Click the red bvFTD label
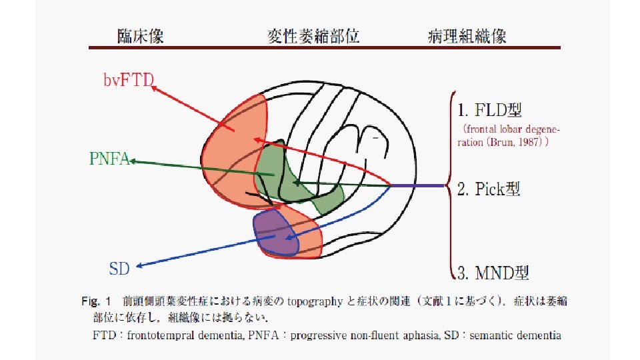coord(129,81)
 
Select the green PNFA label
coord(109,159)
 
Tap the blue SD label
coord(119,268)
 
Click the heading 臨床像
coord(141,36)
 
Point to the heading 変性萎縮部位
coord(313,36)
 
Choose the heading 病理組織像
coord(467,36)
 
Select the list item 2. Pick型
coord(489,189)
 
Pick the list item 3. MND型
coord(493,272)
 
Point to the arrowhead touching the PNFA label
coord(133,161)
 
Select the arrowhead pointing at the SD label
coord(139,265)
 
